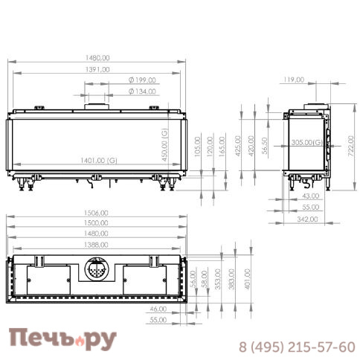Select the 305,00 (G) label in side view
pyautogui.click(x=306, y=142)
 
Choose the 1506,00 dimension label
pyautogui.click(x=97, y=213)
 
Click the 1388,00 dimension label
pyautogui.click(x=97, y=244)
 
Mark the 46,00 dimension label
pyautogui.click(x=157, y=308)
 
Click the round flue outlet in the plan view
pyautogui.click(x=97, y=269)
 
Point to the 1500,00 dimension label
pyautogui.click(x=97, y=222)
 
